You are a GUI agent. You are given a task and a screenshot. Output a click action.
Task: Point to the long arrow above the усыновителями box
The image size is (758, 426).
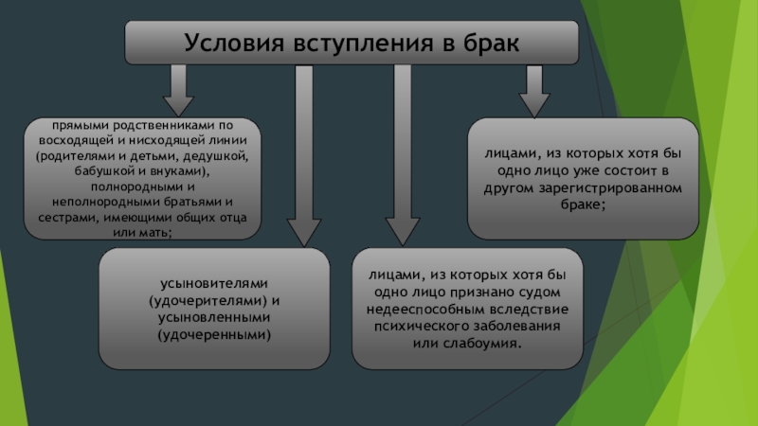(x=305, y=151)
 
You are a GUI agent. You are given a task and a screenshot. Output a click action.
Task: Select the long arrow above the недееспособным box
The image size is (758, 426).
(x=403, y=151)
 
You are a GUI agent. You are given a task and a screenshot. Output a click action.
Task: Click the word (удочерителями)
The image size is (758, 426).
(x=207, y=301)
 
